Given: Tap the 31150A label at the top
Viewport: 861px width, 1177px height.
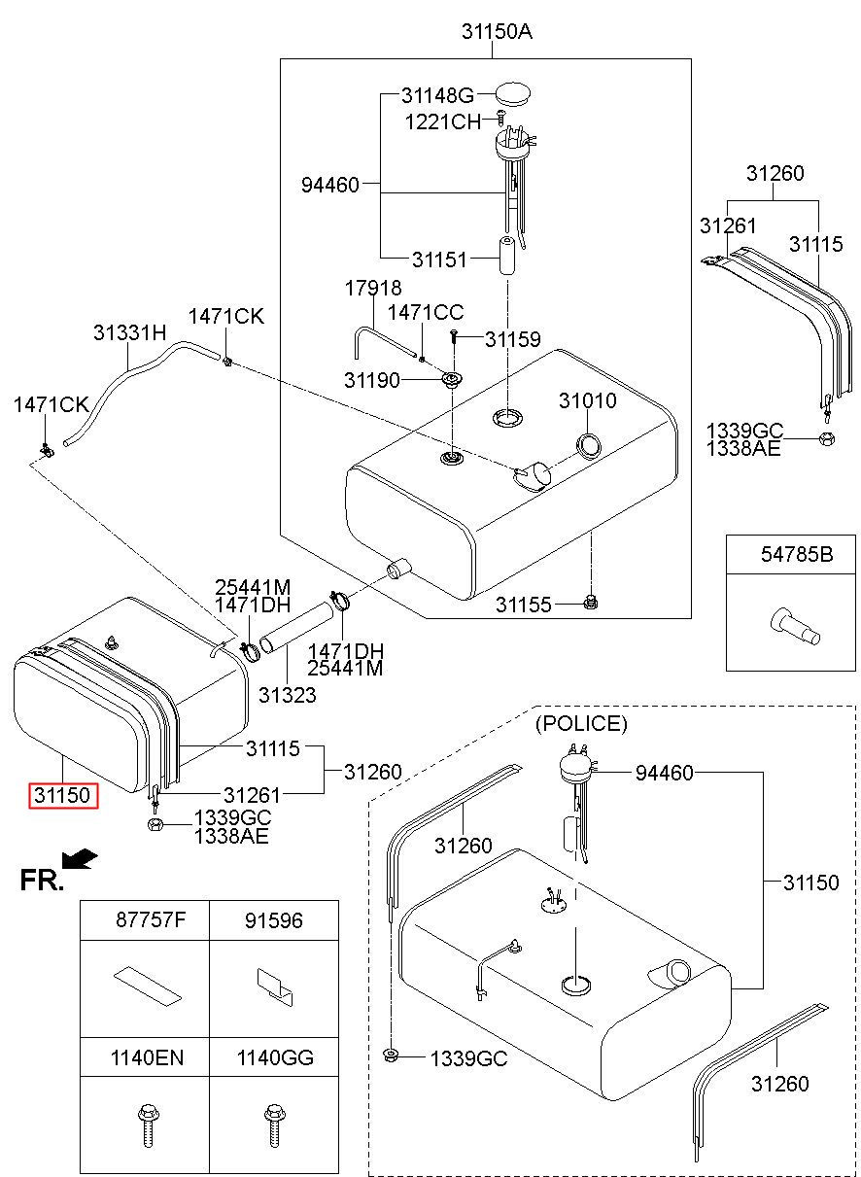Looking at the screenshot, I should [497, 32].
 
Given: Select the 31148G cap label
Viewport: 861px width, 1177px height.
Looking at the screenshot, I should [437, 95].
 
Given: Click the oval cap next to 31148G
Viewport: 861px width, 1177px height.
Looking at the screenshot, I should [515, 94].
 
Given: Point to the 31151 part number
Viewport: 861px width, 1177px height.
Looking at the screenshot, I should [439, 260].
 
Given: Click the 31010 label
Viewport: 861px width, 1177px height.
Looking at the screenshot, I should [587, 400].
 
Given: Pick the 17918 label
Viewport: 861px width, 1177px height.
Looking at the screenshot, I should [371, 289].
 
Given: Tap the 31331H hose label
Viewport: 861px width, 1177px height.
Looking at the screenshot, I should [130, 332].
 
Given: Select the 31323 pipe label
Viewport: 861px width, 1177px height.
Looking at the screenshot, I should [288, 696].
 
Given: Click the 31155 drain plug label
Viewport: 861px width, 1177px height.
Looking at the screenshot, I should [524, 605].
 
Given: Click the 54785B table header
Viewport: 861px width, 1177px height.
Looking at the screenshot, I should [796, 555].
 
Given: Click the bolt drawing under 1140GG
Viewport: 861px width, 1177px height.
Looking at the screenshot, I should [275, 1125].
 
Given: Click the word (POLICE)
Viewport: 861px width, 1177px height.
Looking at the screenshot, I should [581, 724].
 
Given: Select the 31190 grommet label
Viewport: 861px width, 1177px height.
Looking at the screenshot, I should [372, 380].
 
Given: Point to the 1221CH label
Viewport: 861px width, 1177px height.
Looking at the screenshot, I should [442, 121].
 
